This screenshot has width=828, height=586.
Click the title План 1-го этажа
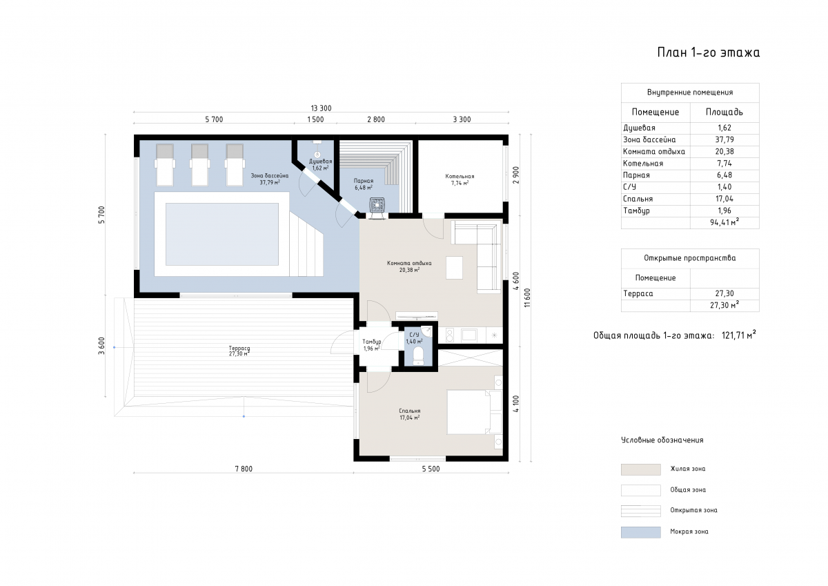[x=708, y=52]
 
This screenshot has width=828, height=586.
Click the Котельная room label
[x=460, y=177]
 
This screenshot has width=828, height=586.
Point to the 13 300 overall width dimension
[x=321, y=108]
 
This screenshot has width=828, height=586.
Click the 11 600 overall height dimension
[x=527, y=297]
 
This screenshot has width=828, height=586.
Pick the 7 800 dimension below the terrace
[x=244, y=469]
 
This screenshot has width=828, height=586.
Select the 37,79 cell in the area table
[x=724, y=139]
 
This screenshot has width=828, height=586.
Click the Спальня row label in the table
[x=638, y=199]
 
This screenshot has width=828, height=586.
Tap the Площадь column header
[x=724, y=112]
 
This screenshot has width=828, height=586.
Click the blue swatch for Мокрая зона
[x=640, y=532]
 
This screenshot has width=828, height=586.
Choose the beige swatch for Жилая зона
[x=640, y=469]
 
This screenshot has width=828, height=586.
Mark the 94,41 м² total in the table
[x=724, y=222]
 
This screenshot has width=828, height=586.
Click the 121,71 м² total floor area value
[x=738, y=335]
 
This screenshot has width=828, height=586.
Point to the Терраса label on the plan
[x=239, y=348]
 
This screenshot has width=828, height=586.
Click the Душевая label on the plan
[x=320, y=162]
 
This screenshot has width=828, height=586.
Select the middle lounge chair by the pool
[x=199, y=165]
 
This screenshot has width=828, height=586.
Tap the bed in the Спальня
[x=474, y=412]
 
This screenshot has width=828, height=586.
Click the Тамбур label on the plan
[x=371, y=342]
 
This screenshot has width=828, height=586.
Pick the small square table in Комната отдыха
[x=454, y=268]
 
